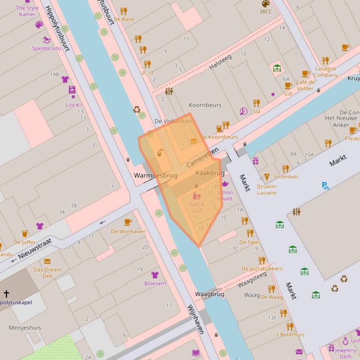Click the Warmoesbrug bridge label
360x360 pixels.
155,176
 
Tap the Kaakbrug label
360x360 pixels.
210,173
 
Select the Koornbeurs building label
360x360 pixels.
205,105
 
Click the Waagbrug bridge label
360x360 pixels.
209,294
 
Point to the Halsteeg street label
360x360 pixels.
220,62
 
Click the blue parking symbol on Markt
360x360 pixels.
325,186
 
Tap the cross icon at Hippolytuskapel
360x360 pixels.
7,294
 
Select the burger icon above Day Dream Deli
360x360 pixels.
47,262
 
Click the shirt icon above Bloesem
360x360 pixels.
154,275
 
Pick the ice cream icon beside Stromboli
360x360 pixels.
267,177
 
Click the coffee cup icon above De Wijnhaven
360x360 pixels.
128,222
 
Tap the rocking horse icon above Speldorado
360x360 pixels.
46,40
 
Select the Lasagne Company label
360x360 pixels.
325,72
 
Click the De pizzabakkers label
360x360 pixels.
262,268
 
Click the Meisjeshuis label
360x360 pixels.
24,328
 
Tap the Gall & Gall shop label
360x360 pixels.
197,208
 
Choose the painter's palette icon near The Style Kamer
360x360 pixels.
39,25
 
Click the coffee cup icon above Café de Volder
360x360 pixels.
305,74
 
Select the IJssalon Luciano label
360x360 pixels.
266,189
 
